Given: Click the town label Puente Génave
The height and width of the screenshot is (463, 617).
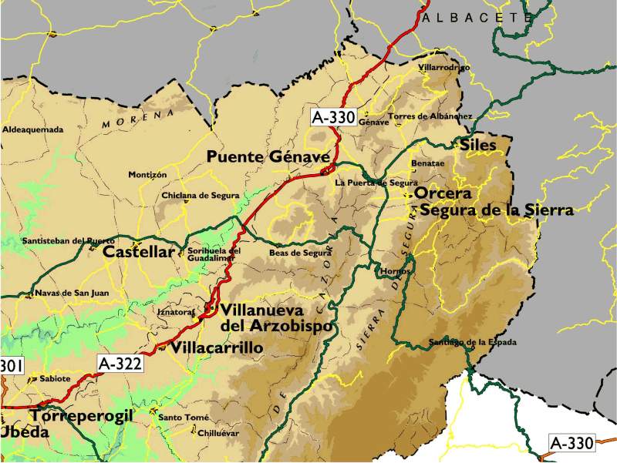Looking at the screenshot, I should (x=268, y=157).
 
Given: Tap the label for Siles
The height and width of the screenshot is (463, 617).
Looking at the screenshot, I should (x=478, y=145).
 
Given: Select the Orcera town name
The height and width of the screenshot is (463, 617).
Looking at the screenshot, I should (x=443, y=193).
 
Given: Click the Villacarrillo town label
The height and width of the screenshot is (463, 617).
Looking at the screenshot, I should (x=217, y=348).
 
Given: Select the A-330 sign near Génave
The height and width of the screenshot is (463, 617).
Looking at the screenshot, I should (x=333, y=117).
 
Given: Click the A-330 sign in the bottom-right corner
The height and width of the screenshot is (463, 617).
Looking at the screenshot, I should (x=572, y=443).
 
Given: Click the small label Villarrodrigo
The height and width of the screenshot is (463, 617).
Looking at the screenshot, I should (x=443, y=68).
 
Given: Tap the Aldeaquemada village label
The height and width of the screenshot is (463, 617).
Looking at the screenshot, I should (x=32, y=129).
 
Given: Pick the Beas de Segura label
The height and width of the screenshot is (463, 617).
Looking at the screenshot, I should (x=300, y=253).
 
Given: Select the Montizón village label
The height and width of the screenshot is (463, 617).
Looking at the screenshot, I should (x=147, y=175).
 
